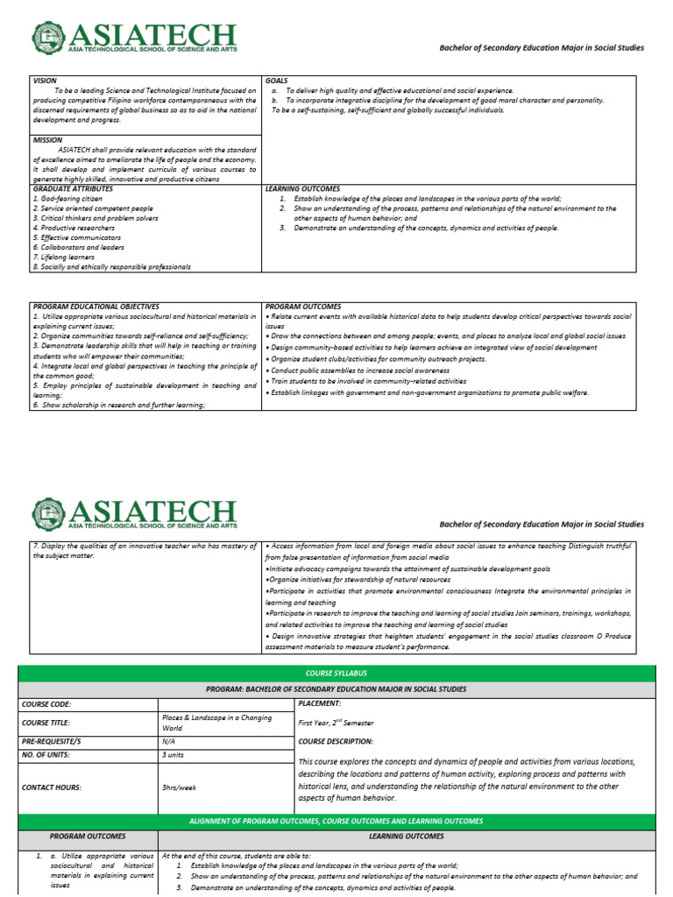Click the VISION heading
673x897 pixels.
(45, 81)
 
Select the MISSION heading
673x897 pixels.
(47, 139)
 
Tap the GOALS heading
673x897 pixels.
(277, 81)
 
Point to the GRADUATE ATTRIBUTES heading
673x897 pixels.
(73, 188)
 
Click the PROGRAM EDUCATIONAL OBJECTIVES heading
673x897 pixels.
(96, 307)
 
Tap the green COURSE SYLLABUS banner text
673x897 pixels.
(336, 673)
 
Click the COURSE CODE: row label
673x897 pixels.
(47, 703)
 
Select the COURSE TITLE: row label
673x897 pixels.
(48, 723)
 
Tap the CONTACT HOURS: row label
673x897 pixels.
(53, 788)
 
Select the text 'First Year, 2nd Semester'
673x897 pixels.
(336, 723)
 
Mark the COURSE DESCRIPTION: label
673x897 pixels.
(336, 741)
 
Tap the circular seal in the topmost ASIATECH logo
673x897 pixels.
(48, 38)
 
